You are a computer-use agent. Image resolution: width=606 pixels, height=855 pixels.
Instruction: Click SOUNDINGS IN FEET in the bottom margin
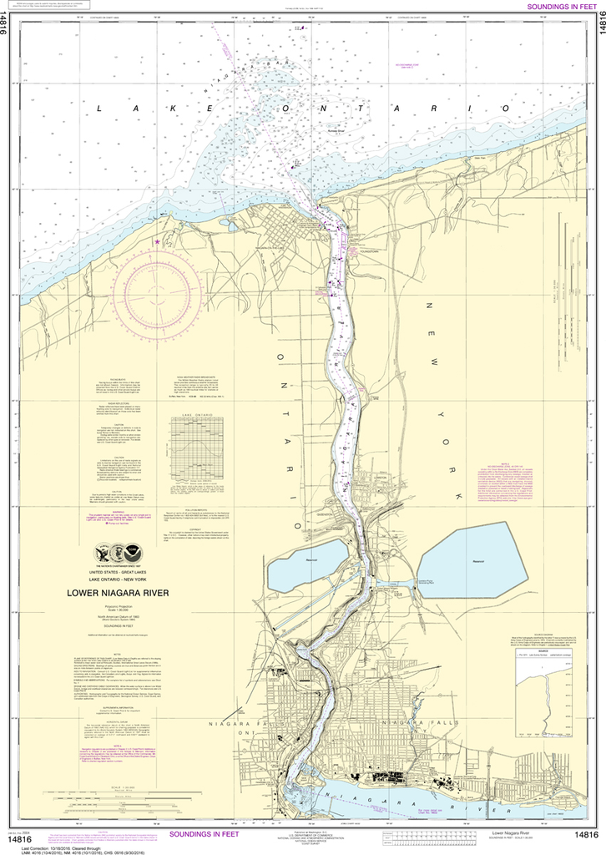click(205, 834)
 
